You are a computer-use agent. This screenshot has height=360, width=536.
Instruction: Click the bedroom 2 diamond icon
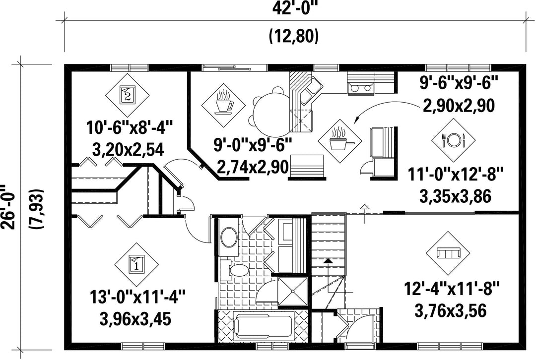click(x=127, y=95)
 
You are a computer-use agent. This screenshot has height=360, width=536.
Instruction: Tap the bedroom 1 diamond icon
click(x=136, y=265)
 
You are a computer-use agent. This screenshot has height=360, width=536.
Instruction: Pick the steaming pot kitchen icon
click(x=339, y=140)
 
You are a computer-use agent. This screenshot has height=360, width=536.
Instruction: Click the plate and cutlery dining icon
click(x=453, y=140)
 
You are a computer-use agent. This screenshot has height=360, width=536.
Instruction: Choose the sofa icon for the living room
click(x=448, y=253)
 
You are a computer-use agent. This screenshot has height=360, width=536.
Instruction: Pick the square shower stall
click(x=293, y=292)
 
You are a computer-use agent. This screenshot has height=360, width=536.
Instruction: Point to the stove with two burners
click(x=361, y=88)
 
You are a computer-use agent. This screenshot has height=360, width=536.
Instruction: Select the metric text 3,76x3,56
click(x=451, y=311)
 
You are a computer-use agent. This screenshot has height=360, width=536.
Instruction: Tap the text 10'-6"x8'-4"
click(x=129, y=128)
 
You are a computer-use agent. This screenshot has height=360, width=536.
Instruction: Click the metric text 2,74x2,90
click(x=253, y=168)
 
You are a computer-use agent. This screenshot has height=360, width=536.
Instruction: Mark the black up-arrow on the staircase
click(x=328, y=261)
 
